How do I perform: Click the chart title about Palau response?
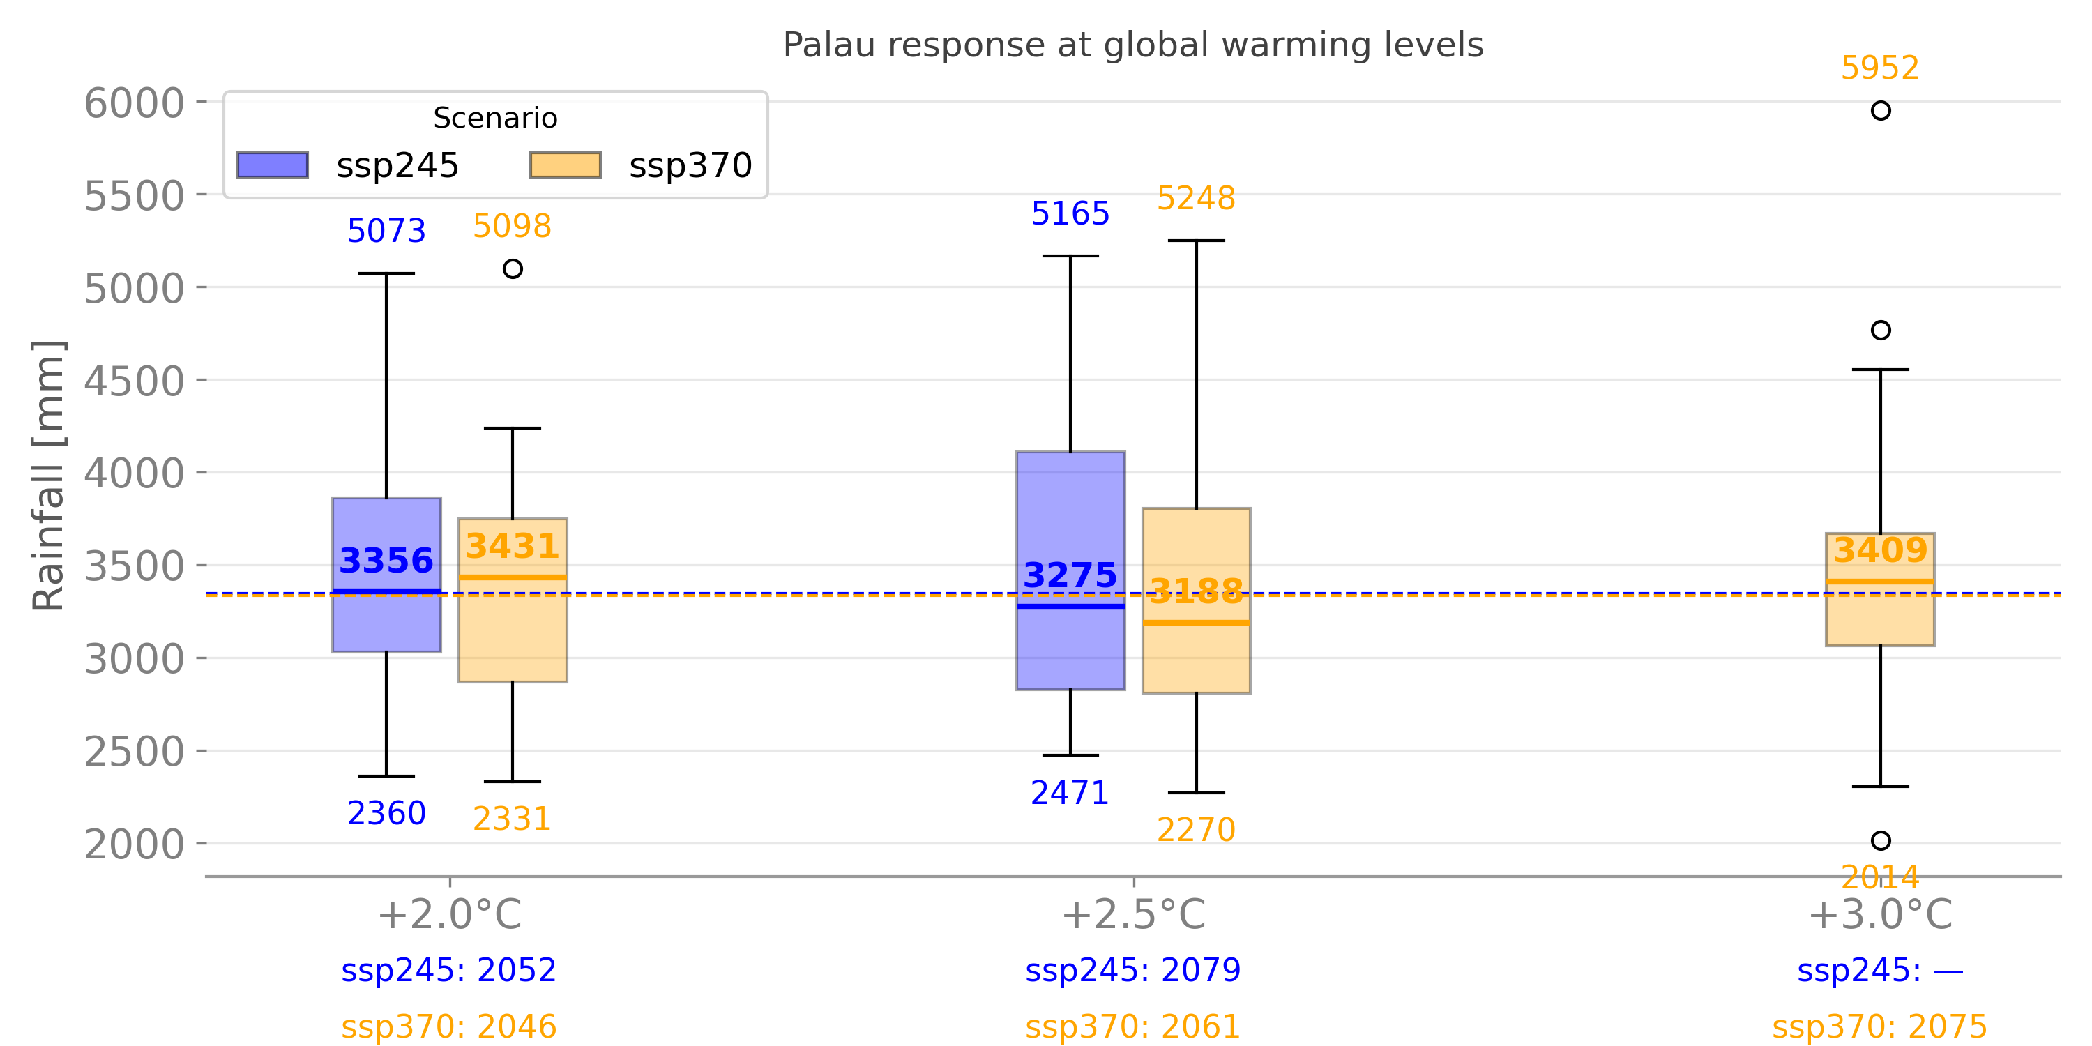tap(1133, 45)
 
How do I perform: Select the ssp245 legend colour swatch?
tap(272, 165)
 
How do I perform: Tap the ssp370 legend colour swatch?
tap(566, 165)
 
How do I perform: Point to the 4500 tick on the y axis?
tap(135, 381)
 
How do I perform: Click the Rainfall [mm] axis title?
tap(48, 475)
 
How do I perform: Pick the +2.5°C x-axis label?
tap(1134, 915)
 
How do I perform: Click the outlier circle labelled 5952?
tap(1881, 110)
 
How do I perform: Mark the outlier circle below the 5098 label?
tap(513, 268)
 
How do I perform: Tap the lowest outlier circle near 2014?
tap(1881, 840)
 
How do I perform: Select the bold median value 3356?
tap(386, 561)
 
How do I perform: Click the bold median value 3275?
tap(1070, 575)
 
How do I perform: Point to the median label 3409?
tap(1881, 551)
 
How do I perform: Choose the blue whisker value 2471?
tap(1070, 794)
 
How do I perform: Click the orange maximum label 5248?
tap(1196, 198)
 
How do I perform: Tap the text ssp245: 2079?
tap(1133, 971)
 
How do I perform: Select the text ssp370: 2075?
tap(1880, 1026)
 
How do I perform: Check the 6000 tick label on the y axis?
tap(135, 103)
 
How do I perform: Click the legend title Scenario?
tap(495, 119)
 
